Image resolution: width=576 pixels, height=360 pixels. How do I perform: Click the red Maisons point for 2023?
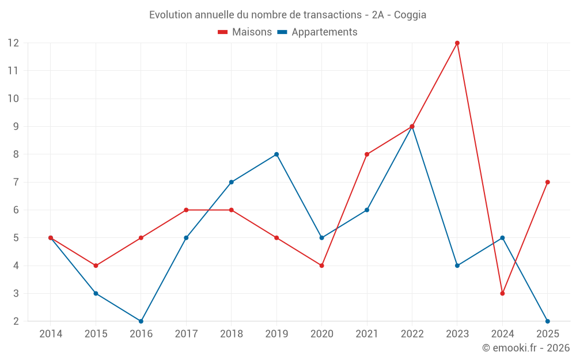click(x=457, y=43)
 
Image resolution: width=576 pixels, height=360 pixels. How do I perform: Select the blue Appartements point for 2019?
click(x=276, y=154)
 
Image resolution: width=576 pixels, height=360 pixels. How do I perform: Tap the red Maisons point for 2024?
click(x=502, y=293)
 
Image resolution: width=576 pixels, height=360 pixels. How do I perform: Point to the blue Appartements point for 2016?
click(x=141, y=321)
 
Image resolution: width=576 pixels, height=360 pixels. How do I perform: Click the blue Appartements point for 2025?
click(x=548, y=321)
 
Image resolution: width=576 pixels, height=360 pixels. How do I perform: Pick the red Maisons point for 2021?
click(x=367, y=154)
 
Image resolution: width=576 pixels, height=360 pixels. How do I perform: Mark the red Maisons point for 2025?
click(x=548, y=182)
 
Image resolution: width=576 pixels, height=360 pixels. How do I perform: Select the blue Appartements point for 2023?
click(x=457, y=266)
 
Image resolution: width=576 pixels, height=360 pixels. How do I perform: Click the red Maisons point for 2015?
click(x=96, y=266)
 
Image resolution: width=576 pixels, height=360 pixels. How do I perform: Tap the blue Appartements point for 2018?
click(x=232, y=182)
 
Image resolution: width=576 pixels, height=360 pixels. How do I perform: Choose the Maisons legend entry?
click(x=245, y=32)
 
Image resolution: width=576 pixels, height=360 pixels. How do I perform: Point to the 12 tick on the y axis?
click(x=13, y=43)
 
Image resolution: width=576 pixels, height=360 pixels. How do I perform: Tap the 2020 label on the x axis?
click(x=321, y=334)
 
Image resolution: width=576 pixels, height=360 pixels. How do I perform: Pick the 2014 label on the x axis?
click(x=51, y=334)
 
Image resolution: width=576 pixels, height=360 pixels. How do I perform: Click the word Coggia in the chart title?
click(x=410, y=15)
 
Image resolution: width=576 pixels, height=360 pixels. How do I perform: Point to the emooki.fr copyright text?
click(x=526, y=348)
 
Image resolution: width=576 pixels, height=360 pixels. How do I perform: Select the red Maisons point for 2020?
click(x=321, y=266)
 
